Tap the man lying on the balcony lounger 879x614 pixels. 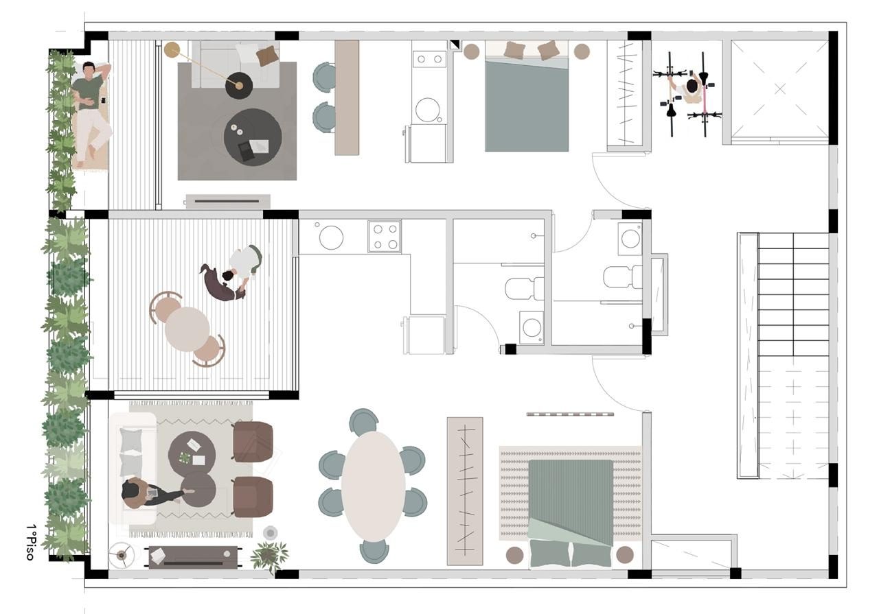pos(91,113)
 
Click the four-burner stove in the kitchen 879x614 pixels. pos(385,237)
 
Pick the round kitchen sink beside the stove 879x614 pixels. pos(331,237)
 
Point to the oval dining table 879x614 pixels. pos(373,486)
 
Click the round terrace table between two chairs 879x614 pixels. pos(187,329)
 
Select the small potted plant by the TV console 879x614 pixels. pos(270,558)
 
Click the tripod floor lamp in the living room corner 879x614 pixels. pos(122,555)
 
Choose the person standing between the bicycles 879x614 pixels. pos(689,90)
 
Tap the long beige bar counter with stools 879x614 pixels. pos(347,97)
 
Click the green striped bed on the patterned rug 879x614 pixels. pos(571,514)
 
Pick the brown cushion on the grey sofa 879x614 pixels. pos(268,56)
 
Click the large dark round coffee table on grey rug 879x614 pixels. pos(253,137)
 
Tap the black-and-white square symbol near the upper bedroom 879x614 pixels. pos(455,45)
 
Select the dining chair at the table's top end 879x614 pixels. pos(363,421)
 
